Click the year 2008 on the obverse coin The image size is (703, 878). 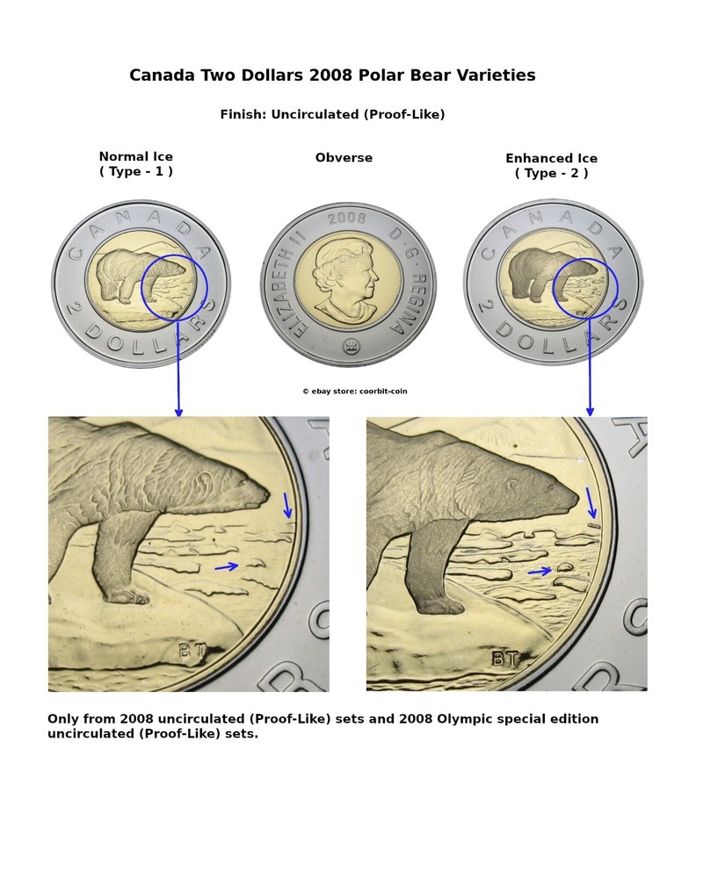click(346, 219)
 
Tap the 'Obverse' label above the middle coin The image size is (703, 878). click(344, 158)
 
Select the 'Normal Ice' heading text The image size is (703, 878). click(135, 157)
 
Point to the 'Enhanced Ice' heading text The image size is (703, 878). click(552, 158)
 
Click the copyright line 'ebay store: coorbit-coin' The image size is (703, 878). click(355, 391)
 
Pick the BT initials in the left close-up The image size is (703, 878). click(192, 650)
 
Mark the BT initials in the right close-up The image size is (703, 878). click(505, 659)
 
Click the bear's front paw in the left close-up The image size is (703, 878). click(127, 596)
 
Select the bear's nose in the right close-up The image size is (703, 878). click(573, 498)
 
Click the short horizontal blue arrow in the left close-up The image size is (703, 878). click(227, 567)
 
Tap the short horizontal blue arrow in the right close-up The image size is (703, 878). click(540, 572)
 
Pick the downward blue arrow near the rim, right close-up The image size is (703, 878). click(591, 503)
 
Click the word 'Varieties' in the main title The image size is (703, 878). click(496, 75)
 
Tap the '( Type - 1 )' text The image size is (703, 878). click(135, 171)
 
